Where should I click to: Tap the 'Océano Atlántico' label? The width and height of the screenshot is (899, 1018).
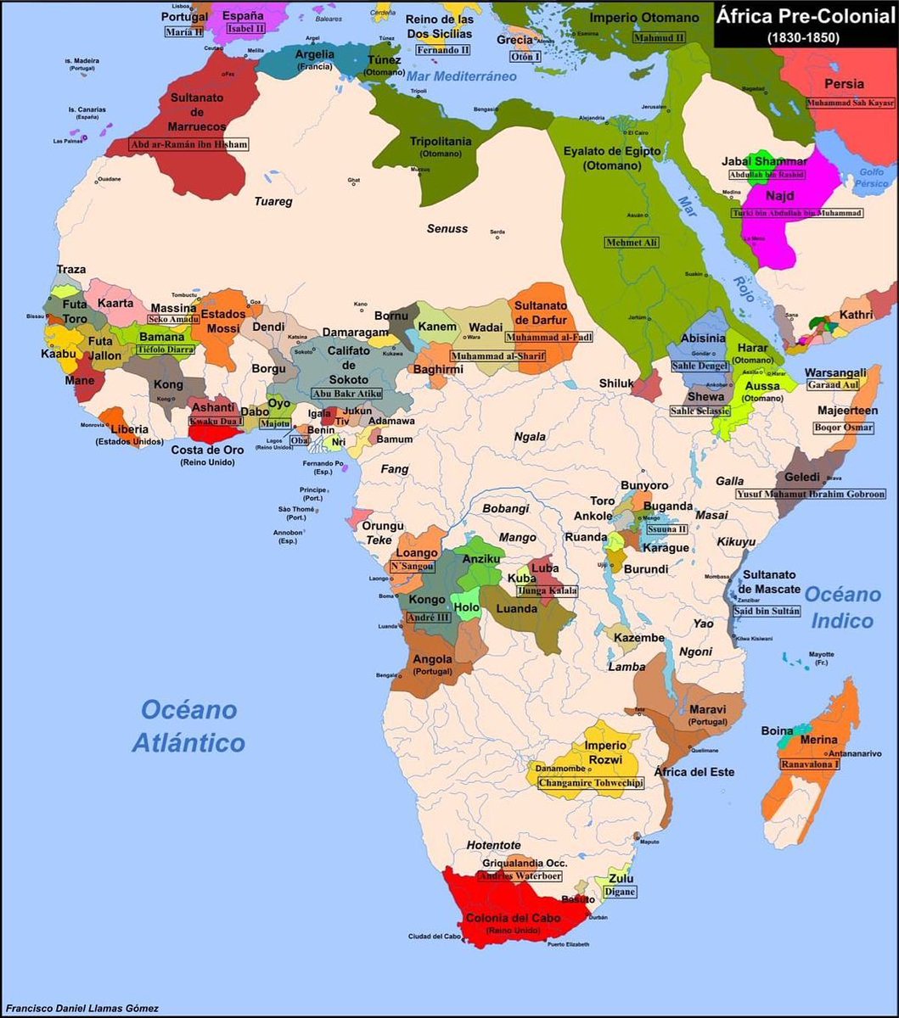(188, 726)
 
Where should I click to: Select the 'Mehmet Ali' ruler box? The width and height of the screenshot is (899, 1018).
(632, 243)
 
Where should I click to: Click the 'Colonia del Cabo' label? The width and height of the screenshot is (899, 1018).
(511, 918)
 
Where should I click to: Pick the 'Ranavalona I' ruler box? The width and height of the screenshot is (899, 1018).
(811, 763)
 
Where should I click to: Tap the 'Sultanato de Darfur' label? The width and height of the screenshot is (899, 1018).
(547, 311)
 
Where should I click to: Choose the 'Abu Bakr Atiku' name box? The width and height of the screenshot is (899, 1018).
(347, 394)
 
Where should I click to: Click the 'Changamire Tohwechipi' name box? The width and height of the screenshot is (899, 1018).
(590, 782)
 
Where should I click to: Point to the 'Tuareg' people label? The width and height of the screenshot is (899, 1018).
(273, 201)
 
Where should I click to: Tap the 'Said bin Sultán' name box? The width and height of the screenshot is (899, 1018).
(767, 611)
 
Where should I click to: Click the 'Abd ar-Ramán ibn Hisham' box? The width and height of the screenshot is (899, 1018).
(188, 144)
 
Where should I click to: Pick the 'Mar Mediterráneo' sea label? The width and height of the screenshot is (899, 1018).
(461, 76)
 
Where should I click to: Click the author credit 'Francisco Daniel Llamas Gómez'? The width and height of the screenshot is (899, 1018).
(81, 1009)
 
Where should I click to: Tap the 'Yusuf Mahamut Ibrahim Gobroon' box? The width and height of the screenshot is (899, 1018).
(810, 494)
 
